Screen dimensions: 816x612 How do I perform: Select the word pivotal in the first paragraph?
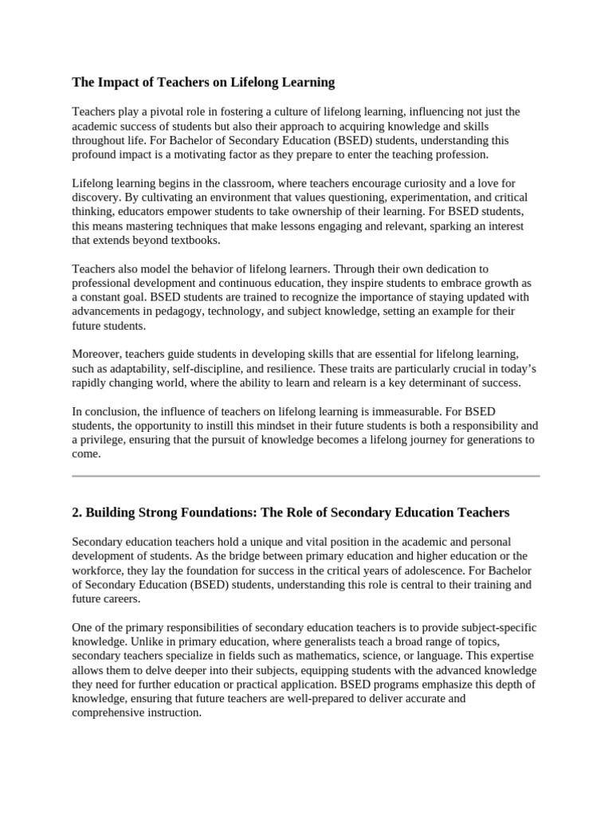pyautogui.click(x=154, y=112)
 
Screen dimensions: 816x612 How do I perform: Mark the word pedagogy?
pyautogui.click(x=188, y=312)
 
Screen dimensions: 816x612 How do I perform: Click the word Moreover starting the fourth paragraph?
pyautogui.click(x=96, y=355)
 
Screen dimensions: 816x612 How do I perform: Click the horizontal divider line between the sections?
pyautogui.click(x=306, y=477)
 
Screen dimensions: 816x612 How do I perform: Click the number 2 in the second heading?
pyautogui.click(x=76, y=512)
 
